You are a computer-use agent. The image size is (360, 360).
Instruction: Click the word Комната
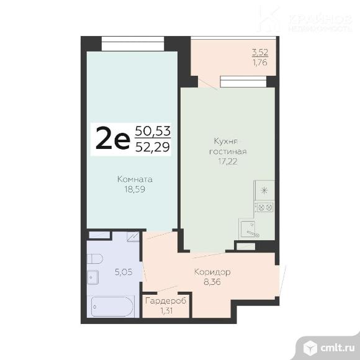point(135,179)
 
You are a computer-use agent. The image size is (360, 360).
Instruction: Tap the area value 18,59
point(135,189)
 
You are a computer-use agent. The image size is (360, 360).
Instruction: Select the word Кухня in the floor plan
point(225,141)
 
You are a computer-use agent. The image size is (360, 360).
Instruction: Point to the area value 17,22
point(228,161)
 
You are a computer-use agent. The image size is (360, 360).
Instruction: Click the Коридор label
point(212,272)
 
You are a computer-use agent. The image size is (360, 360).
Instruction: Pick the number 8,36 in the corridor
point(212,282)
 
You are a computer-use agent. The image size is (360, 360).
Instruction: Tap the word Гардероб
point(166,301)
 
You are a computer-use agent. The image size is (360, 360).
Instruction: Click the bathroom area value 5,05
point(124,272)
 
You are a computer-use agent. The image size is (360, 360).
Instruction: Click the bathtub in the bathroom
point(112,307)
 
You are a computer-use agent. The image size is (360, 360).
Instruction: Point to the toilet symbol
point(95,259)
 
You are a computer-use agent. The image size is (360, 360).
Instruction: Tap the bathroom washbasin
point(93,277)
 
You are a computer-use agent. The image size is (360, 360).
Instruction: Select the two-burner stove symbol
point(265,208)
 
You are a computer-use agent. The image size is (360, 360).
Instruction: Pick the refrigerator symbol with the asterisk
point(265,190)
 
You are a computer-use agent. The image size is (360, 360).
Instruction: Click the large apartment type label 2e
point(112,139)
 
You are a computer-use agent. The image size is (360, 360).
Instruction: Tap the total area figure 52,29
point(153,147)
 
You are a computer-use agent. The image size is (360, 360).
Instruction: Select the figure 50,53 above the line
point(153,131)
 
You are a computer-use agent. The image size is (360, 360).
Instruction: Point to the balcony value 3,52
point(260,53)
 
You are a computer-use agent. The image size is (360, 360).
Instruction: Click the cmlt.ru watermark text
point(337,348)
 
